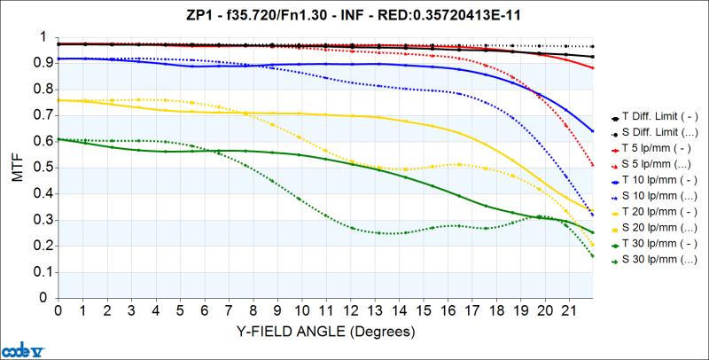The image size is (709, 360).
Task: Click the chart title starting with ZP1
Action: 354,15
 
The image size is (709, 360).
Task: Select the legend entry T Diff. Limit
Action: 658,117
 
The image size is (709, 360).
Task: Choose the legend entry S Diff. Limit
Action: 658,133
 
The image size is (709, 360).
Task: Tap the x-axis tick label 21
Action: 571,312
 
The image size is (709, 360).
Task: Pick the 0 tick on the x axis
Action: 58,312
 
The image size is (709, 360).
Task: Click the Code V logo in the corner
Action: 18,348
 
